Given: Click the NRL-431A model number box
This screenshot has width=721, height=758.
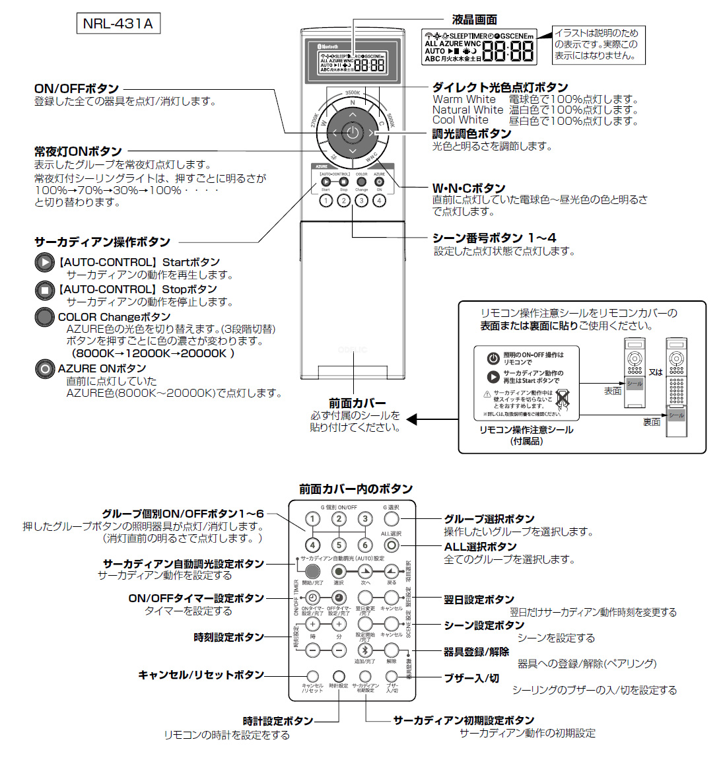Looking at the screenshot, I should pos(118,24).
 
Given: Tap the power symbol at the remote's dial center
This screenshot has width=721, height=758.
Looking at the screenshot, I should pos(353,133).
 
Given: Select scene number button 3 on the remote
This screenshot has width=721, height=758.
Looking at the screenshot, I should pos(361,201).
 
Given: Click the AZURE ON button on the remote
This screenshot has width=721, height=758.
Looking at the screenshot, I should pos(379,182).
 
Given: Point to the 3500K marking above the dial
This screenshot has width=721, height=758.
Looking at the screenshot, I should pos(353,93).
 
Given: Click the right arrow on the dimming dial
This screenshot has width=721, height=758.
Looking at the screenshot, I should pos(371,133).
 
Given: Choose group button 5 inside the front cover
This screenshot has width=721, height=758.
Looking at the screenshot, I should pos(339,545).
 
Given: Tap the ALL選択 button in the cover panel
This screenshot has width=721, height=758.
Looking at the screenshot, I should pos(392,545).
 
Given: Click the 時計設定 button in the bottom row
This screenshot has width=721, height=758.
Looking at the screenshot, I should pos(339,676).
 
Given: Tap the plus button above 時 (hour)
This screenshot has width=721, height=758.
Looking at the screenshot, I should pos(312,623).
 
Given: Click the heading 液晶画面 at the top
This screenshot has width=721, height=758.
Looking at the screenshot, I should pos(474,20).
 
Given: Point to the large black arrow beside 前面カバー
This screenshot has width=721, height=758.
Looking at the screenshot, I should pos(412,419).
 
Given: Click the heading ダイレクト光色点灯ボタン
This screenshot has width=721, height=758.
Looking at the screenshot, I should pos(500,87).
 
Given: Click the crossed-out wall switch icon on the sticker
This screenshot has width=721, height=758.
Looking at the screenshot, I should pos(562,398).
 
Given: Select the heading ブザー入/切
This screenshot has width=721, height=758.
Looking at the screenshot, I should pos(471,677).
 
